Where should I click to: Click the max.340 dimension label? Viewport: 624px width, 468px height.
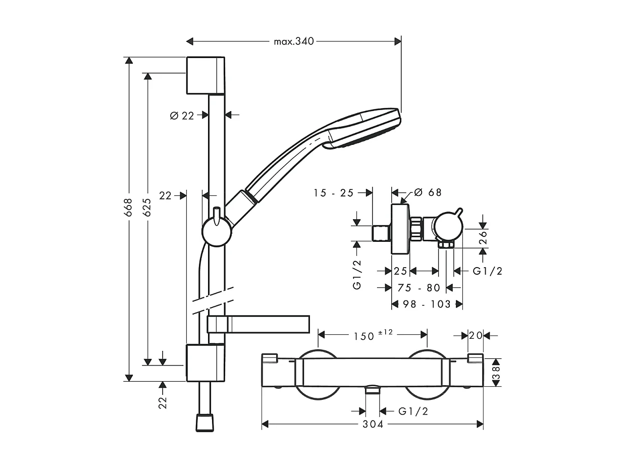coord(294,41)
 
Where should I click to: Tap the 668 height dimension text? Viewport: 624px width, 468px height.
coord(129,207)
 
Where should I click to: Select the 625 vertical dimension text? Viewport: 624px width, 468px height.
coord(147,207)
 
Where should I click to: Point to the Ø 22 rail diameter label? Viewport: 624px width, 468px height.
coord(182,116)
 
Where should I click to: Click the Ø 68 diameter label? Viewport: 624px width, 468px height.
coord(428,192)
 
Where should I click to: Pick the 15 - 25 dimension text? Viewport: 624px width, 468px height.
coord(334,193)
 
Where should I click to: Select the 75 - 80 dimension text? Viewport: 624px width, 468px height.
coord(419,288)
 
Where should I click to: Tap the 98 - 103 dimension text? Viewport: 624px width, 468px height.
coord(427,304)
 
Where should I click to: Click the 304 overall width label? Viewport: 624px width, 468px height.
coord(373,424)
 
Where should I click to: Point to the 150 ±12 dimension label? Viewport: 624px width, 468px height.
coord(373,335)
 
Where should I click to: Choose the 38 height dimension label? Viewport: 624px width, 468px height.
coord(495,373)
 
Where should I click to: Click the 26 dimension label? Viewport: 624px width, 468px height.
coord(483,238)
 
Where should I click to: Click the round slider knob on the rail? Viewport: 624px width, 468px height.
coord(217,232)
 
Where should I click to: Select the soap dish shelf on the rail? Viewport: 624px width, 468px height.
coord(258,324)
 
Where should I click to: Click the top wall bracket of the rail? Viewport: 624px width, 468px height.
coord(205,75)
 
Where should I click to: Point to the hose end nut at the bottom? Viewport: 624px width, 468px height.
coord(204,423)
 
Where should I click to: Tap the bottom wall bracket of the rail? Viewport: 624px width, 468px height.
coord(205,363)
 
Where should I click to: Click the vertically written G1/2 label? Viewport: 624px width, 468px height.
coord(356,275)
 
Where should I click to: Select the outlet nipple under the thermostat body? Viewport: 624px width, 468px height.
coord(373,389)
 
